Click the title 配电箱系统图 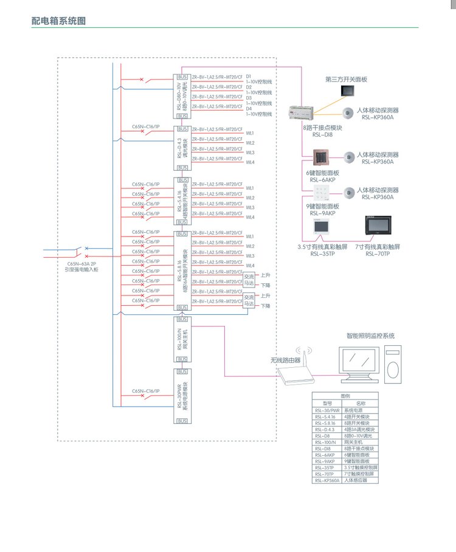(59, 21)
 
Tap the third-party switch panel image (348, 91)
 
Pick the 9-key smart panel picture (319, 196)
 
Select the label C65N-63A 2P (81, 263)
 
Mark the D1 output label (249, 76)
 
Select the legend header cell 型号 (328, 403)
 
